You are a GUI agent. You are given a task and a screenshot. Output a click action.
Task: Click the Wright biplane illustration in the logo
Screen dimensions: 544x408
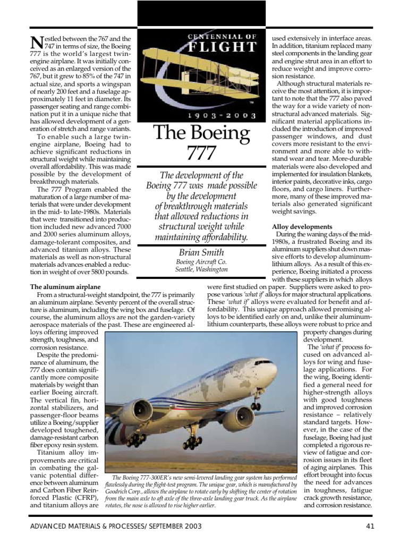coord(202,80)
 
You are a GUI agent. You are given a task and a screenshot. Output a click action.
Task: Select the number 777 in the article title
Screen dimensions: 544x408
coord(201,154)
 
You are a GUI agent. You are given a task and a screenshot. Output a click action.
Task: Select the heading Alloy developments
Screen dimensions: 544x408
coord(302,226)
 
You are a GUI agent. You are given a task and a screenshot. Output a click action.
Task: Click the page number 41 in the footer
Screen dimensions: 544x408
coord(371,526)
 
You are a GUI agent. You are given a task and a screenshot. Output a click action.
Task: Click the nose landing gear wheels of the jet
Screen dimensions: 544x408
coord(256,406)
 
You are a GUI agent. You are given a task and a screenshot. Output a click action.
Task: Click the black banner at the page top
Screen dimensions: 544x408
coord(202,13)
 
